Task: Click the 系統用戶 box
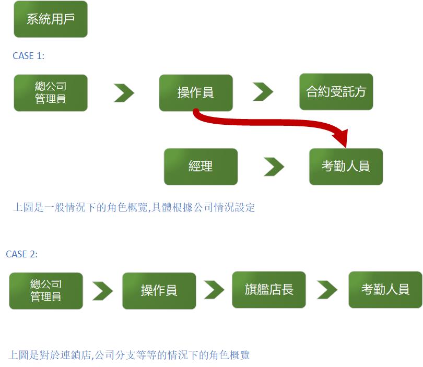click(x=51, y=19)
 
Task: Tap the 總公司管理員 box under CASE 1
click(x=51, y=93)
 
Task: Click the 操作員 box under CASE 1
click(x=196, y=93)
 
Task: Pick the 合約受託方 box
click(x=336, y=92)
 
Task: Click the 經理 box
click(x=201, y=167)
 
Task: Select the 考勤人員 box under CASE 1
click(x=346, y=167)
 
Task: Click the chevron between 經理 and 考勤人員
click(x=274, y=167)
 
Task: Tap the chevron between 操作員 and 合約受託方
click(x=263, y=92)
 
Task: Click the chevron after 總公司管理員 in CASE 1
click(x=124, y=93)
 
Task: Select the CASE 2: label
click(x=22, y=254)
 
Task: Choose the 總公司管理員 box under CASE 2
click(x=46, y=290)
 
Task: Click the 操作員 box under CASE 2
click(x=159, y=290)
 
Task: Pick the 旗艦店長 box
click(x=269, y=289)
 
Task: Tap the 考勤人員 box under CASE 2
click(x=385, y=289)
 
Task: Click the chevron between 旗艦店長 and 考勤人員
click(x=327, y=290)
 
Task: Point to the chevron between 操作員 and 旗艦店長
click(x=214, y=290)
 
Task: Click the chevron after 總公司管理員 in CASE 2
click(x=102, y=290)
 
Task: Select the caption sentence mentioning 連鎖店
click(x=130, y=356)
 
